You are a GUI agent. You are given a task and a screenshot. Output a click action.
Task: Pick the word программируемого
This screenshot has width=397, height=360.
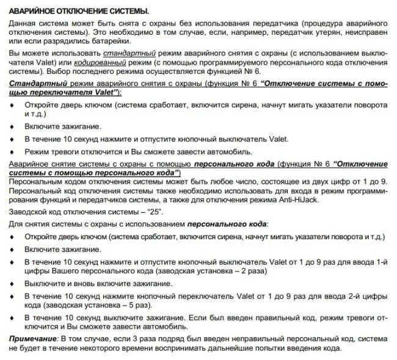pyautogui.click(x=223, y=63)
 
